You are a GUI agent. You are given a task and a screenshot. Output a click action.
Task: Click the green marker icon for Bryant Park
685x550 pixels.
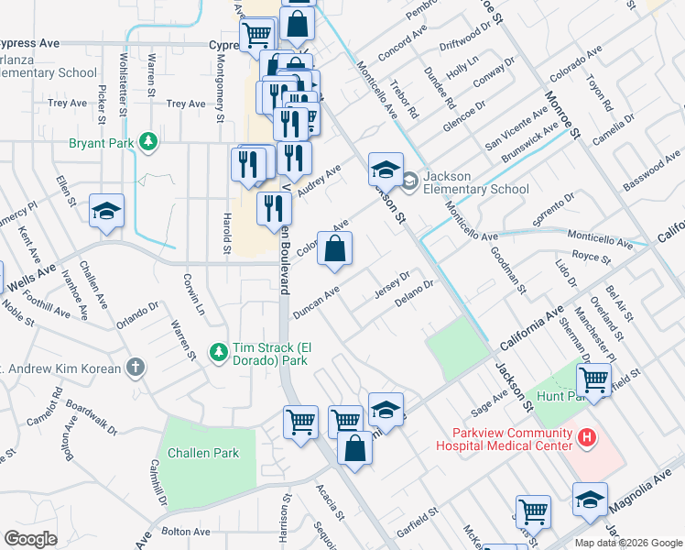coord(147,143)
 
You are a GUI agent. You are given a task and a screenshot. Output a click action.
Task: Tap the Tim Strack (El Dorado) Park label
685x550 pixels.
coord(275,352)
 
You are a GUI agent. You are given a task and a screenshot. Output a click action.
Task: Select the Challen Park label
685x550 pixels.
coord(203,453)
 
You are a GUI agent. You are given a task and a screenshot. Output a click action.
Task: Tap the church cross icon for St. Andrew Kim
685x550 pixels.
coord(136,368)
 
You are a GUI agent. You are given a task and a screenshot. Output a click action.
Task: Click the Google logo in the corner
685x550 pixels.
coord(30,539)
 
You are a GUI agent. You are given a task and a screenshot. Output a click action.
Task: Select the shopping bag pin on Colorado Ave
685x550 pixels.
coord(335,248)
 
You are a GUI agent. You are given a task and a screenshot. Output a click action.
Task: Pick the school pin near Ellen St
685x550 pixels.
coord(106,212)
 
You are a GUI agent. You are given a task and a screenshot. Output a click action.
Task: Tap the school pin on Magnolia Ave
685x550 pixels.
coord(590,500)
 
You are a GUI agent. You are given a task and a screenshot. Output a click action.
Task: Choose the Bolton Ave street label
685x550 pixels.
coord(186,532)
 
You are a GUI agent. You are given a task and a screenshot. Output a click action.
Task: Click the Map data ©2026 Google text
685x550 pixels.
coord(628,542)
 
